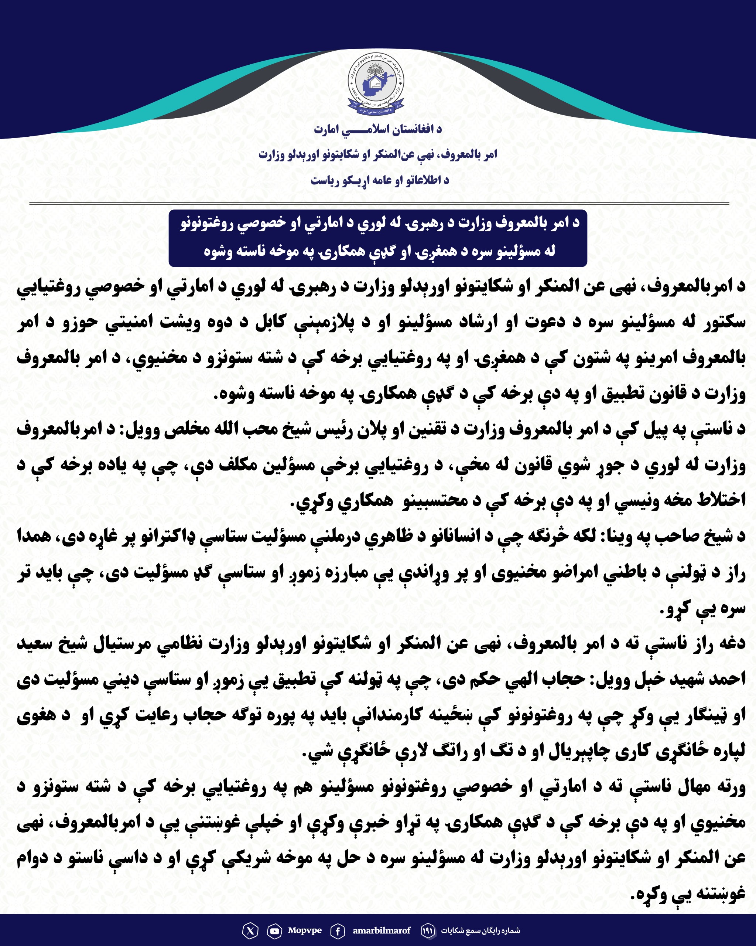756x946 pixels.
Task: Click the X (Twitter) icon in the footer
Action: pos(250,930)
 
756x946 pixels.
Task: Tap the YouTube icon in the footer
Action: pos(274,930)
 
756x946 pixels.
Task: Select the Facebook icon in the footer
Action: pos(337,930)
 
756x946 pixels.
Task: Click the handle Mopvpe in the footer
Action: pos(305,930)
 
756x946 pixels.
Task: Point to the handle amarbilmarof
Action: pos(382,930)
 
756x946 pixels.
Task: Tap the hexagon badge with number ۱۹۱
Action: pos(428,930)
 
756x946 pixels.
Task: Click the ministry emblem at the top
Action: pos(376,83)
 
